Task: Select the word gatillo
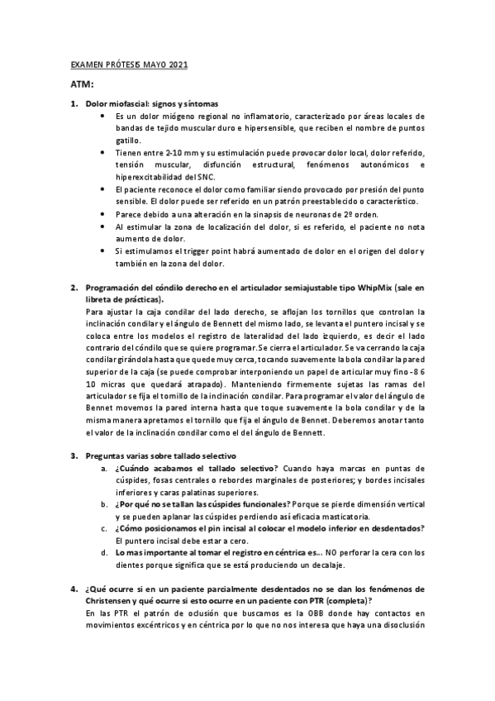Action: [129, 141]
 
